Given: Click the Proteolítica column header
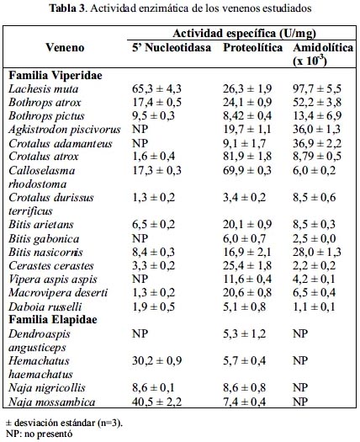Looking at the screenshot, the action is (x=252, y=47).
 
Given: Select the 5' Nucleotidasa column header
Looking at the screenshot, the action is (x=172, y=47).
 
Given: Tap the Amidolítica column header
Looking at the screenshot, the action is (x=323, y=54).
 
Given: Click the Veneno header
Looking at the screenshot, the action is (x=65, y=47).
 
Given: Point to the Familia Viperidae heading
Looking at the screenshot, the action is (x=56, y=75).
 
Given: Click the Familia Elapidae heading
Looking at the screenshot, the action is (x=53, y=320).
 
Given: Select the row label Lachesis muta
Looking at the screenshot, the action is (x=44, y=88).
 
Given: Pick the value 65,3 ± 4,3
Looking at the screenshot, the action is (x=156, y=88).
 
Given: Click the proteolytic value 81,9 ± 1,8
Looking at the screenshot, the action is (x=247, y=156).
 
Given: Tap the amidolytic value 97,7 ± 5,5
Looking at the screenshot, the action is (x=317, y=88).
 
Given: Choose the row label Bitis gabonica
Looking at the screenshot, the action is (x=44, y=239).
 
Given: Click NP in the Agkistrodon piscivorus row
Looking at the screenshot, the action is (x=140, y=130).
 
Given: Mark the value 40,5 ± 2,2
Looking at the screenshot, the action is (x=156, y=402).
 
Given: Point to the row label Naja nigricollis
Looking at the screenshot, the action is (x=47, y=388).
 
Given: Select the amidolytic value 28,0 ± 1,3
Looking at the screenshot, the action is (x=317, y=252).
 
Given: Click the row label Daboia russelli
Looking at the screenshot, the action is (x=45, y=306).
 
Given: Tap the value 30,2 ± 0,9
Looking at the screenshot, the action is (x=157, y=360).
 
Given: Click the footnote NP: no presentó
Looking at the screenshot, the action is (x=40, y=434).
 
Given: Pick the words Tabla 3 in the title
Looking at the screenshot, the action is (x=67, y=8).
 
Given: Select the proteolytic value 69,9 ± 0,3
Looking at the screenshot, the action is (x=247, y=170).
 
